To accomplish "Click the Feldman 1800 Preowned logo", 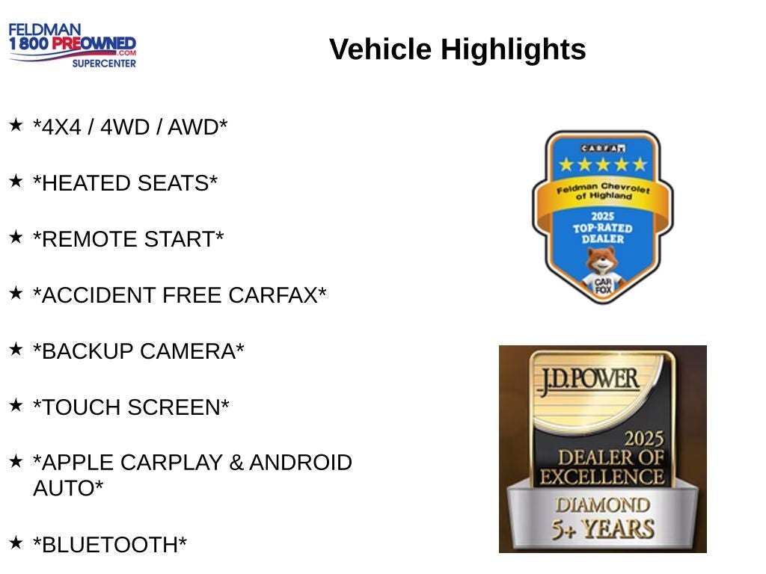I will (73, 46).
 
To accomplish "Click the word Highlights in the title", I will (513, 50).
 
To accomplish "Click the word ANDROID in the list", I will (300, 463).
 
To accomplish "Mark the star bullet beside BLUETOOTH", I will (16, 543).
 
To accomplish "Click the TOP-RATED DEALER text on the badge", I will (602, 232).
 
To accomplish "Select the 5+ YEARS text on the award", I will (602, 529).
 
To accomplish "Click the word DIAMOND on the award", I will (602, 504).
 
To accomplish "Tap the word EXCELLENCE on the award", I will (602, 477).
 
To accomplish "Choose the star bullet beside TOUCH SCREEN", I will (16, 405).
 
